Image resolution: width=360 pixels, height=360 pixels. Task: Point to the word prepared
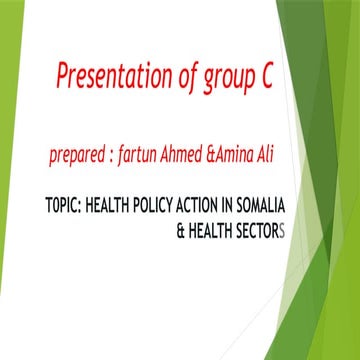pyautogui.click(x=78, y=158)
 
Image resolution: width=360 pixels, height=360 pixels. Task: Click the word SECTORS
pyautogui.click(x=261, y=230)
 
